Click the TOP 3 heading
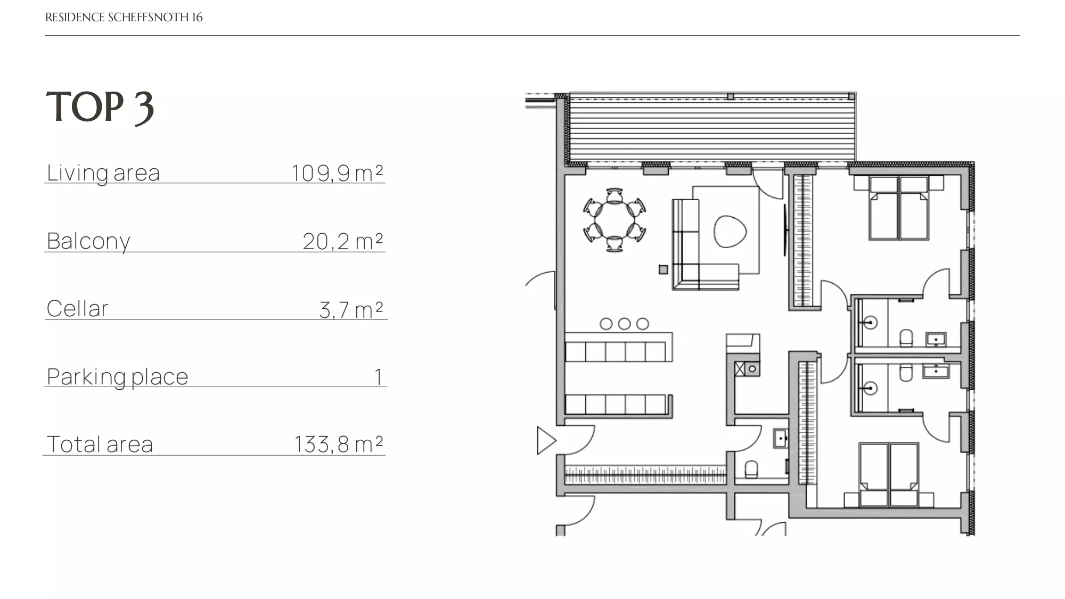click(100, 108)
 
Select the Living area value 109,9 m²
click(337, 173)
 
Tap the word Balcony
click(88, 241)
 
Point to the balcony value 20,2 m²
click(343, 241)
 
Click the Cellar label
click(77, 309)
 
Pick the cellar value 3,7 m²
click(351, 309)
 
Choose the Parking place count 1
click(379, 377)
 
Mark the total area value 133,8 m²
click(339, 444)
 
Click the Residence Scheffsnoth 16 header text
click(124, 18)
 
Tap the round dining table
click(615, 219)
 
